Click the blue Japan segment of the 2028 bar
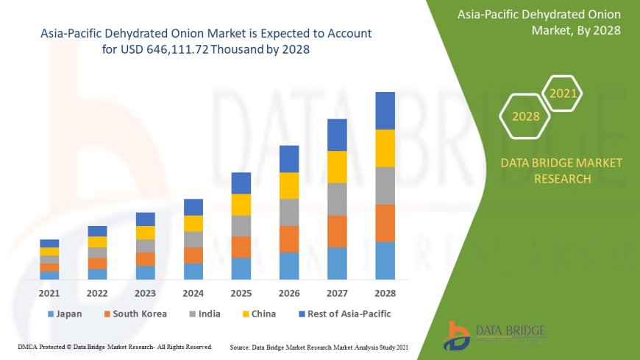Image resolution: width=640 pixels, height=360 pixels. coord(385,261)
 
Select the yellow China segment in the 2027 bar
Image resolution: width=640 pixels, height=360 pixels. coord(337,166)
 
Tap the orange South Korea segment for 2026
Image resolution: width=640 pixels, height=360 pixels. coord(289,239)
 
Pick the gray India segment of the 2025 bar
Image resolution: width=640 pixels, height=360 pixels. coord(241,225)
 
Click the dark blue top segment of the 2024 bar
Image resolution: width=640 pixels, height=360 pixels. coord(193,207)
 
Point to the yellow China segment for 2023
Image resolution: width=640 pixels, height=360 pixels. coord(146,233)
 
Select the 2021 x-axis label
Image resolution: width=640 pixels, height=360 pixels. coord(49,293)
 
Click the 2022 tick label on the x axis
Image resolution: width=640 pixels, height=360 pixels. coord(97,293)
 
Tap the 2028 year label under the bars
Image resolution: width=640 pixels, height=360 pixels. coord(385,293)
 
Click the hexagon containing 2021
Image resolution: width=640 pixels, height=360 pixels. coord(563,93)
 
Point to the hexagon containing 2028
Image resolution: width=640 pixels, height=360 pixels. coord(525,116)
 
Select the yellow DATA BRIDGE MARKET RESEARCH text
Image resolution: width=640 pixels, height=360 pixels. coord(561,170)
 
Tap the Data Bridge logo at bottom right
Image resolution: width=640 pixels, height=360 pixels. coord(494,335)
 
